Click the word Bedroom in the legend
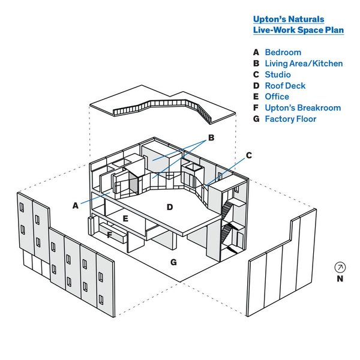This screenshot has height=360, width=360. (x=283, y=52)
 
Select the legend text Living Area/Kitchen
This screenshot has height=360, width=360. (x=304, y=64)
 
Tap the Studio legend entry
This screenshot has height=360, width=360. (x=278, y=74)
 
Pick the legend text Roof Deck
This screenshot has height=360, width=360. (x=285, y=86)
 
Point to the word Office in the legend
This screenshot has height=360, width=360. (x=277, y=97)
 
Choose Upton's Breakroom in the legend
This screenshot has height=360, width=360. (x=303, y=107)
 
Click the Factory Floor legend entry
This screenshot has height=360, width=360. (x=290, y=119)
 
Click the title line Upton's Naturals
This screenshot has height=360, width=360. (x=289, y=19)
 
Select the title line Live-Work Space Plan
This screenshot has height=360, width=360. (x=298, y=30)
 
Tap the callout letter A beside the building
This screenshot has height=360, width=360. (x=76, y=206)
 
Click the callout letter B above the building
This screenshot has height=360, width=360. (x=211, y=137)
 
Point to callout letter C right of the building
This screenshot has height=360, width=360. (x=249, y=155)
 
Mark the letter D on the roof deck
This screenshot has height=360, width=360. (x=170, y=207)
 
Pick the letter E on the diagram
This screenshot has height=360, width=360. (x=125, y=218)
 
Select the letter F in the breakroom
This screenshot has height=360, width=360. (x=110, y=235)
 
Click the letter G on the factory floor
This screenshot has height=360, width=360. (x=173, y=262)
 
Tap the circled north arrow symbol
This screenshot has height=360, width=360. (x=340, y=267)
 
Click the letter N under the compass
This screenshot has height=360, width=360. (x=340, y=278)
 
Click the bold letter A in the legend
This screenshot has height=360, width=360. (x=256, y=52)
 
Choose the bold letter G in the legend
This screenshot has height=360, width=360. (x=256, y=119)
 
